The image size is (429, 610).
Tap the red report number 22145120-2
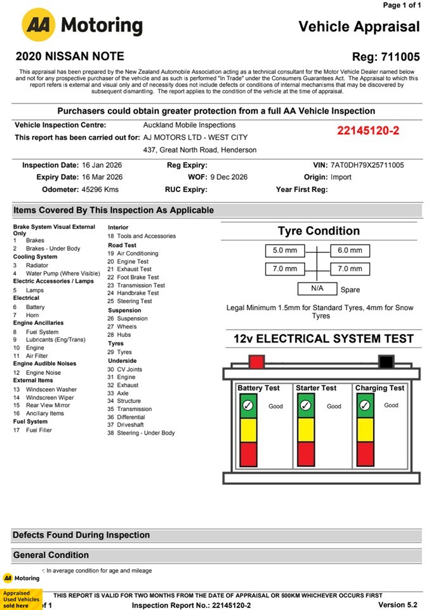coord(368,131)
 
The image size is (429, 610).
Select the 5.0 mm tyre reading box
coord(285,251)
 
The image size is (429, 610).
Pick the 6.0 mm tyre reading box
coord(350,251)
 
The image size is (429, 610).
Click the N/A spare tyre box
coord(317,288)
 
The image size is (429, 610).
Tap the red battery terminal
coord(256,362)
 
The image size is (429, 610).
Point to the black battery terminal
coord(385,362)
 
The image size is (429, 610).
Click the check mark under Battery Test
coord(248,405)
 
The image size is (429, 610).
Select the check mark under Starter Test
coord(306,405)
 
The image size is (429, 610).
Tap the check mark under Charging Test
coord(364,405)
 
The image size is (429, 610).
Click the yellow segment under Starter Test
coord(306,430)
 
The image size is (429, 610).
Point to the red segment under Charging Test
coord(364,454)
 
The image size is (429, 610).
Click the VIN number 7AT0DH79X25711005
coord(367,165)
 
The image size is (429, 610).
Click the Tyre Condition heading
coord(319,231)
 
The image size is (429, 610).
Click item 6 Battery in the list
coord(35,307)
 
